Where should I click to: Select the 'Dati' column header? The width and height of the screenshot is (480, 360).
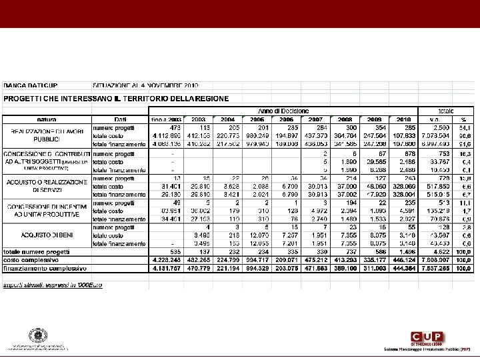pyautogui.click(x=121, y=119)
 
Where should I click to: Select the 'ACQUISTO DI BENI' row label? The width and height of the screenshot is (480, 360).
pyautogui.click(x=46, y=235)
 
